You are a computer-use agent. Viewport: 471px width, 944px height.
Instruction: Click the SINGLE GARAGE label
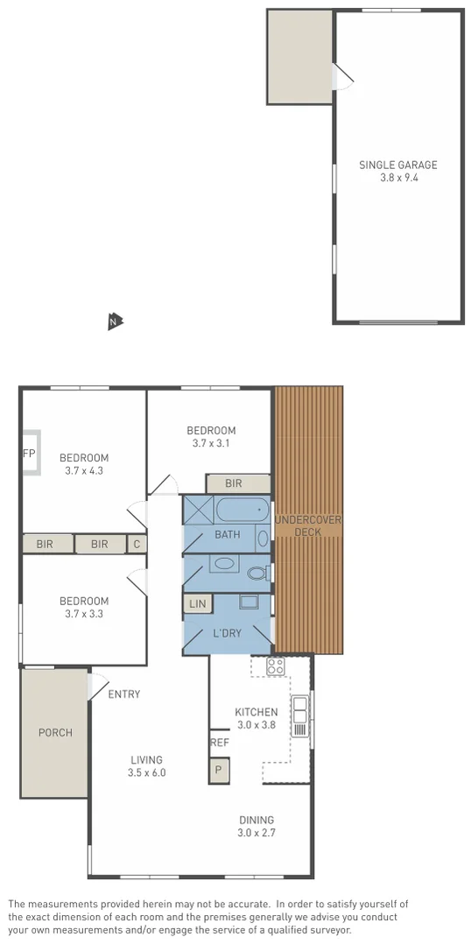click(x=397, y=165)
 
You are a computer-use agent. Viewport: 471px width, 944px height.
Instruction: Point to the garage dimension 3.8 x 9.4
click(x=397, y=178)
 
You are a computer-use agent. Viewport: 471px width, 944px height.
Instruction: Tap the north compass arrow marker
click(x=114, y=321)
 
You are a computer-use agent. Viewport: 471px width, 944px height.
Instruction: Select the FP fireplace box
click(x=30, y=453)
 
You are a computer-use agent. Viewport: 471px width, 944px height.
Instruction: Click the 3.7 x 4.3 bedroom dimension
click(x=84, y=470)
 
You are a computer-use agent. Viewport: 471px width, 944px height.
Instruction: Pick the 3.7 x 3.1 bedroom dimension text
click(x=211, y=443)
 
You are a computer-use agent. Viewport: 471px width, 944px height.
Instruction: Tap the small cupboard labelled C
click(x=137, y=544)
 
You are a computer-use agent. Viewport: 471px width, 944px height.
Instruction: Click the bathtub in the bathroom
click(x=242, y=510)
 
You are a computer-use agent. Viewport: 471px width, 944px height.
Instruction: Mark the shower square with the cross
click(x=198, y=510)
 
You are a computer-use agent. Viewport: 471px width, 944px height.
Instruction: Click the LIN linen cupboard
click(x=196, y=603)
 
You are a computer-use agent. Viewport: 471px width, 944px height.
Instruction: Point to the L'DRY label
click(x=228, y=633)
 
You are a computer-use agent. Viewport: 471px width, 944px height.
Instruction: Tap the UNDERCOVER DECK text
click(x=308, y=525)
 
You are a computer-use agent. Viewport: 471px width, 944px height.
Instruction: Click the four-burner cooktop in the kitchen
click(x=275, y=666)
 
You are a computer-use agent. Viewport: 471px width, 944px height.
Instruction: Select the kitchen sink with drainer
click(x=299, y=715)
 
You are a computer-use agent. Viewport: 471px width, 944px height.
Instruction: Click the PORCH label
click(x=54, y=732)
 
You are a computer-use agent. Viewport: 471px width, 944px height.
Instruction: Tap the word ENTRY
click(x=123, y=694)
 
